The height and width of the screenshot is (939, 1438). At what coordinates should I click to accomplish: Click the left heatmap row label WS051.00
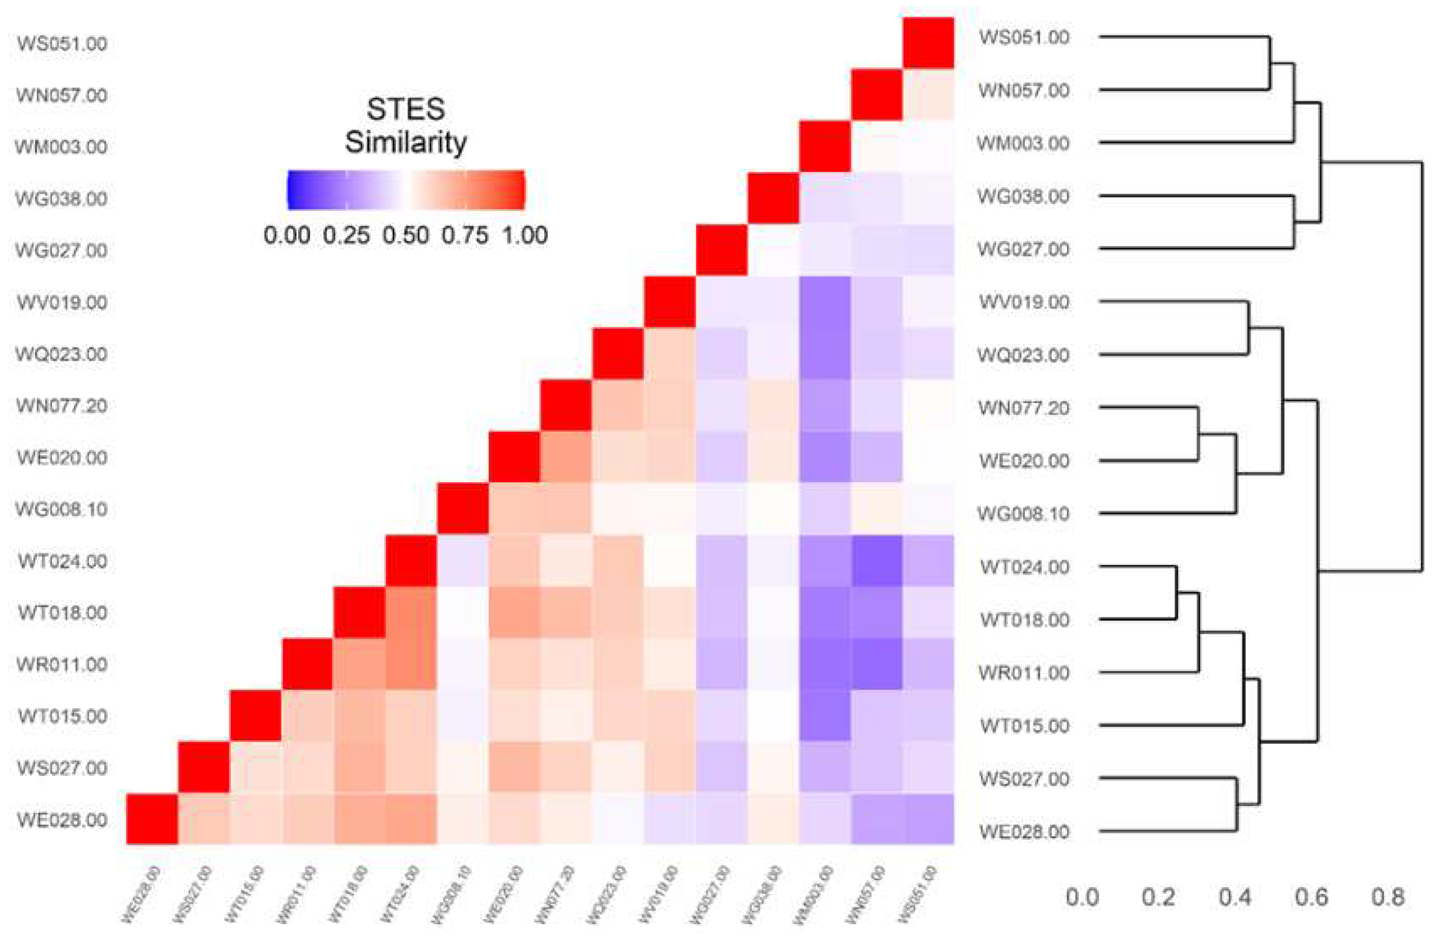(x=61, y=44)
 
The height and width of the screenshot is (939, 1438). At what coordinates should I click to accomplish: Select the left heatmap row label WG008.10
(x=61, y=509)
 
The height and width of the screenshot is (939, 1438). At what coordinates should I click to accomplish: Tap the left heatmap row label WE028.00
(x=61, y=820)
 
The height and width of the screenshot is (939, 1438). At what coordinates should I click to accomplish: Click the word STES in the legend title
(x=405, y=109)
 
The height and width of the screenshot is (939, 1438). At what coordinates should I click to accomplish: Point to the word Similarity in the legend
(x=405, y=143)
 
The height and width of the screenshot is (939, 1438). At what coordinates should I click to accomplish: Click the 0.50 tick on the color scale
(x=405, y=236)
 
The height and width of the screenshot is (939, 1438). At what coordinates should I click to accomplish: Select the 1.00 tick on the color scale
(x=524, y=236)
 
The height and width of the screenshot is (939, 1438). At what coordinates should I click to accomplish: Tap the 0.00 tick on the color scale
(x=286, y=236)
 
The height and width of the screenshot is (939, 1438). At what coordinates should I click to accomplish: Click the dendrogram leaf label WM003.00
(x=1022, y=143)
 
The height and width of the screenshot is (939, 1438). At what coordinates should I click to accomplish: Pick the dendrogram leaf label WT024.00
(x=1024, y=567)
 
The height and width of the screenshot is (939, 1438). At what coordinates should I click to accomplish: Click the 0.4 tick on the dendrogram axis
(x=1235, y=897)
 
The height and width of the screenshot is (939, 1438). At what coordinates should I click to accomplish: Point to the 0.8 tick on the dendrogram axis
(x=1387, y=897)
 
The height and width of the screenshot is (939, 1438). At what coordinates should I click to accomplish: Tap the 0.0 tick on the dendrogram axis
(x=1082, y=897)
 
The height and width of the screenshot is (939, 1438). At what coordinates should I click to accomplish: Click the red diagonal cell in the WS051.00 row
(x=928, y=43)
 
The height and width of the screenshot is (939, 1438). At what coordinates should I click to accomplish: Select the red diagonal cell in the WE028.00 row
(x=152, y=819)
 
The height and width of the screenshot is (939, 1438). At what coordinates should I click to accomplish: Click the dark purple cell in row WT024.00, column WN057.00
(x=876, y=561)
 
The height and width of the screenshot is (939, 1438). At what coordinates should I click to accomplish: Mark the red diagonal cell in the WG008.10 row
(x=462, y=509)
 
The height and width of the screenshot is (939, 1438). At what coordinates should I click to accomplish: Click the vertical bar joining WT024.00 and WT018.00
(x=1176, y=593)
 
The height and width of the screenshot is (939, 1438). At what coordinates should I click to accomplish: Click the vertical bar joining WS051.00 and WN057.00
(x=1269, y=64)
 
